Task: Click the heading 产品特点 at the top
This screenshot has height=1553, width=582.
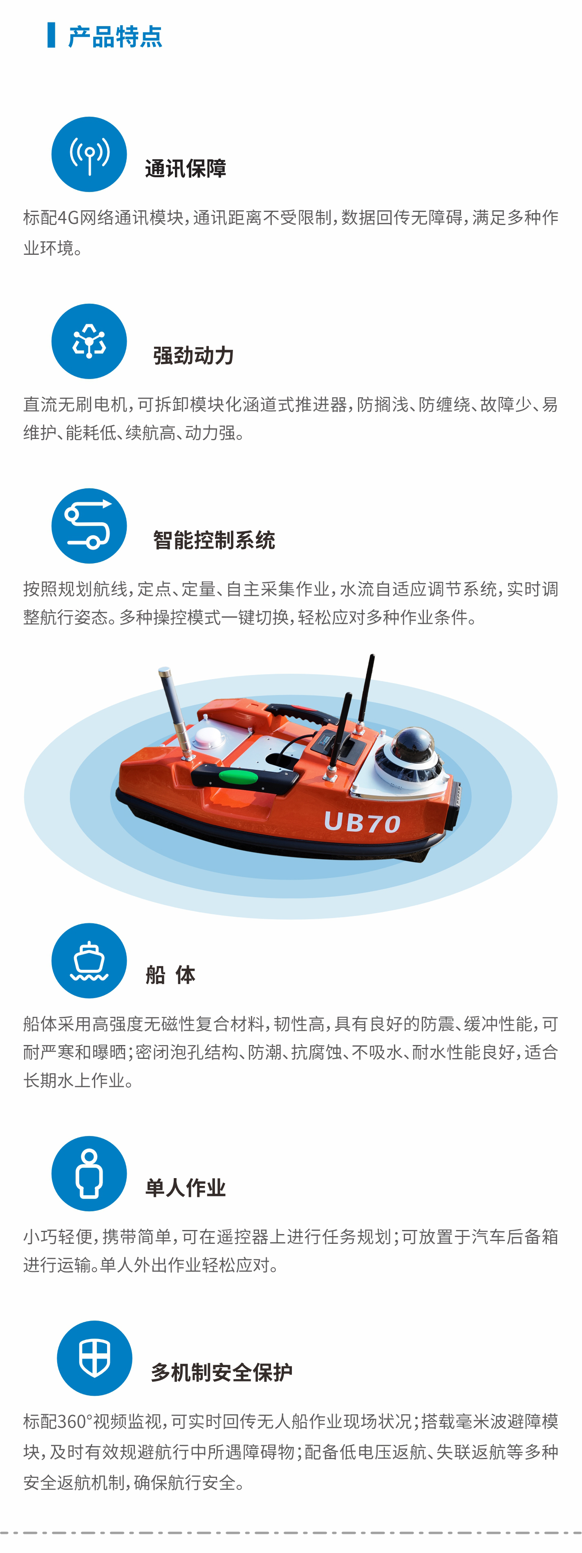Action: coord(115,37)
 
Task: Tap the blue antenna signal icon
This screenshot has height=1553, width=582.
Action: coord(89,154)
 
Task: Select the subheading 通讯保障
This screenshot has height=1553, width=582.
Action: coord(186,169)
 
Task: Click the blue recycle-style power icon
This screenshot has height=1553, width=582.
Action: coord(89,341)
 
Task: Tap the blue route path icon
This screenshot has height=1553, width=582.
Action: coord(89,526)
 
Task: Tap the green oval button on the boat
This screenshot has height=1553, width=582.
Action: coord(238,776)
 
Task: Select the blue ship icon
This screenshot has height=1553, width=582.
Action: coord(89,960)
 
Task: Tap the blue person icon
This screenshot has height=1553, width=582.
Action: coord(89,1173)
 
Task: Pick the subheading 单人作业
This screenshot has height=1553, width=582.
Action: coord(186,1188)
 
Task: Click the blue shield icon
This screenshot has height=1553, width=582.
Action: coord(95,1358)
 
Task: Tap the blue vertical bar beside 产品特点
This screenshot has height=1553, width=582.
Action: coord(51,35)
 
